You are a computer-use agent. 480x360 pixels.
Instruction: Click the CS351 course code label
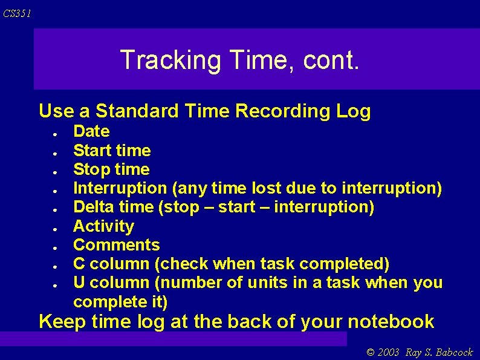coord(17,13)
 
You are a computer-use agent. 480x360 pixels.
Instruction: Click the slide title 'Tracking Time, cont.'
coord(239,60)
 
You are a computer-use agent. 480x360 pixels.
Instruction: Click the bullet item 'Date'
coord(91,131)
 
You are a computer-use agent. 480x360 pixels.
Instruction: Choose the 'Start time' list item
coord(112,150)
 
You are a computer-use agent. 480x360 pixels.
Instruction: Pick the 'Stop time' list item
coord(111,169)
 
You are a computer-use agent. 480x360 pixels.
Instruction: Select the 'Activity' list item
coord(103,226)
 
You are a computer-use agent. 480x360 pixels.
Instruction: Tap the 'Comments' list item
coord(117,245)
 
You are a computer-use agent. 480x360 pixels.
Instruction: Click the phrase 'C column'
coord(108,264)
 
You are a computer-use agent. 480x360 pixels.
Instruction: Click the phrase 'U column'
coord(108,283)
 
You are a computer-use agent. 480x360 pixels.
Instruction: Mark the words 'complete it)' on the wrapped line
coord(120,301)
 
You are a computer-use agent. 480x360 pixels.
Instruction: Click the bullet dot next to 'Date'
coord(54,133)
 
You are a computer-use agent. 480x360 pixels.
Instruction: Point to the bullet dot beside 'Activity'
coord(54,227)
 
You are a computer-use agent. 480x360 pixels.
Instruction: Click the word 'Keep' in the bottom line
coord(61,321)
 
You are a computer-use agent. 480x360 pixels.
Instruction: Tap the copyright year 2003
coord(388,353)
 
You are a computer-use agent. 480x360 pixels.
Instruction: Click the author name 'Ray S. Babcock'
coord(439,353)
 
